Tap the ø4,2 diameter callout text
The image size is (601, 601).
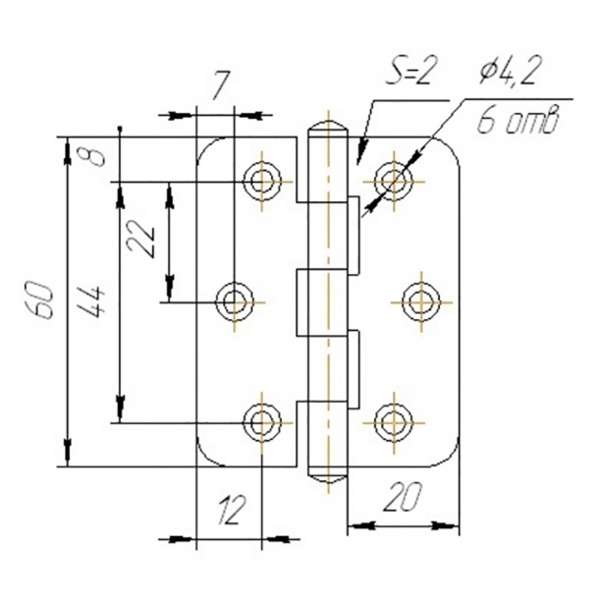tap(513, 73)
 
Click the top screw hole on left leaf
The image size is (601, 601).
tap(261, 180)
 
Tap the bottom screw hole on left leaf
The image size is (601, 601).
tap(261, 420)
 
